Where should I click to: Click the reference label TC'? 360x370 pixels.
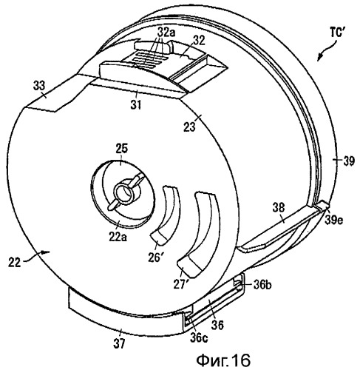[337, 33]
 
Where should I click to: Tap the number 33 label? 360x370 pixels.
[39, 86]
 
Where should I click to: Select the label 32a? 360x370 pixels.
[166, 33]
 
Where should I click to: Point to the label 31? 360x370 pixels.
[136, 105]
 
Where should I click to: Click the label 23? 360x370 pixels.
[190, 127]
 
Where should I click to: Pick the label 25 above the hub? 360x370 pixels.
[122, 149]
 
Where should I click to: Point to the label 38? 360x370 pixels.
[279, 208]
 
